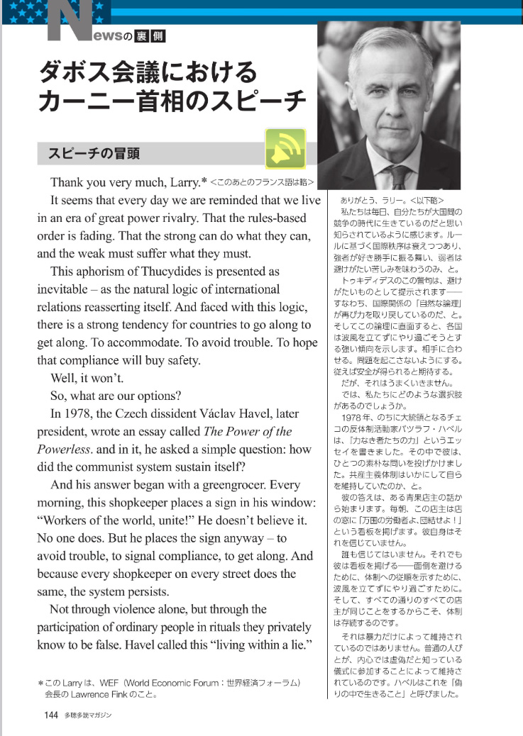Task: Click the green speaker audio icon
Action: (285, 148)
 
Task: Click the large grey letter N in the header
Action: (72, 26)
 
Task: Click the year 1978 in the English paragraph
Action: (75, 413)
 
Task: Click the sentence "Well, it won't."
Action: (84, 378)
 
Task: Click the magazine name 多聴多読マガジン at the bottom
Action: (87, 715)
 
